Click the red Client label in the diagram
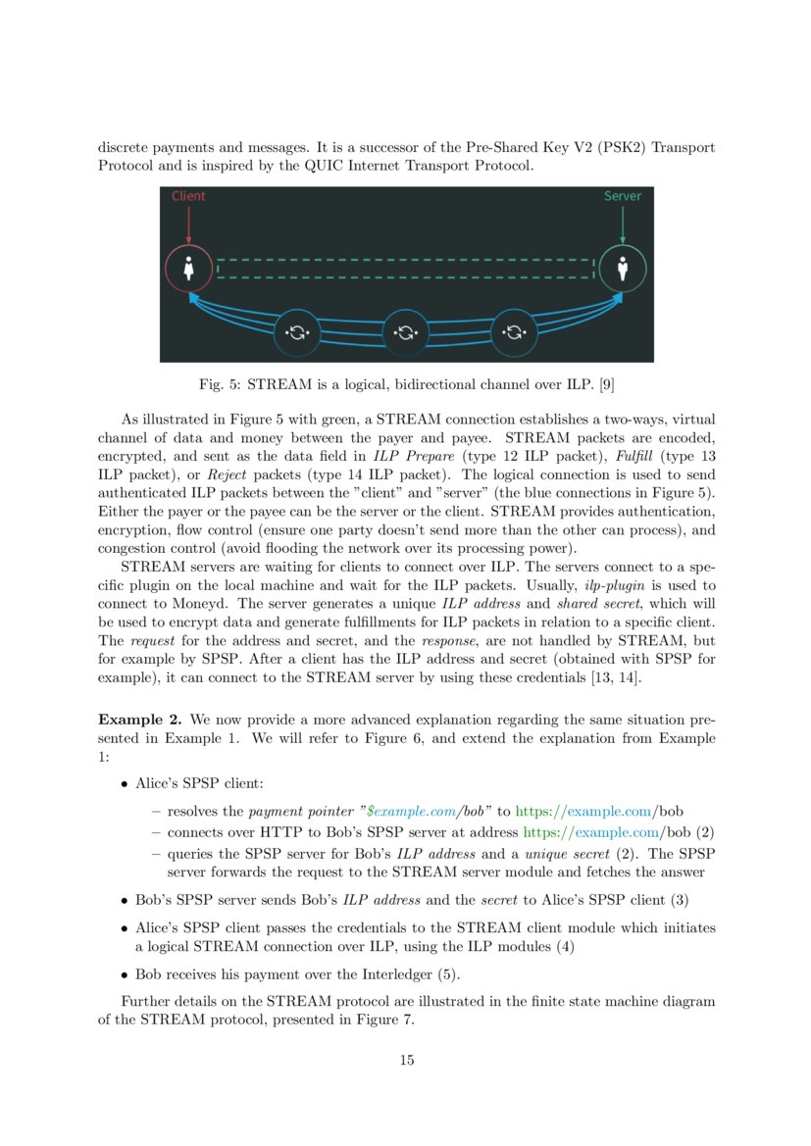pyautogui.click(x=188, y=196)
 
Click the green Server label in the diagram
pyautogui.click(x=623, y=196)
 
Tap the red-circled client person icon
pyautogui.click(x=189, y=269)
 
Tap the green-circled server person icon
pyautogui.click(x=623, y=268)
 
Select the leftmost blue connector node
pyautogui.click(x=297, y=333)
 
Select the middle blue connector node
pyautogui.click(x=406, y=333)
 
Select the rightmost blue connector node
pyautogui.click(x=515, y=333)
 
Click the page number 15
pyautogui.click(x=406, y=1060)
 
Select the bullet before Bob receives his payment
pyautogui.click(x=125, y=975)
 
